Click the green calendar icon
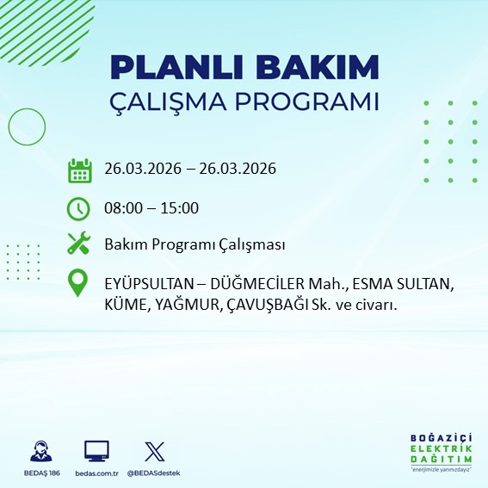(x=79, y=170)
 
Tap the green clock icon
(x=79, y=208)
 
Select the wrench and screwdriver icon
(x=79, y=244)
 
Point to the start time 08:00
(x=123, y=208)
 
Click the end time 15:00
(x=180, y=208)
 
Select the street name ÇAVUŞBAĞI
(x=281, y=305)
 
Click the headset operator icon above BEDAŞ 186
(x=40, y=451)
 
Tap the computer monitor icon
(x=96, y=451)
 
